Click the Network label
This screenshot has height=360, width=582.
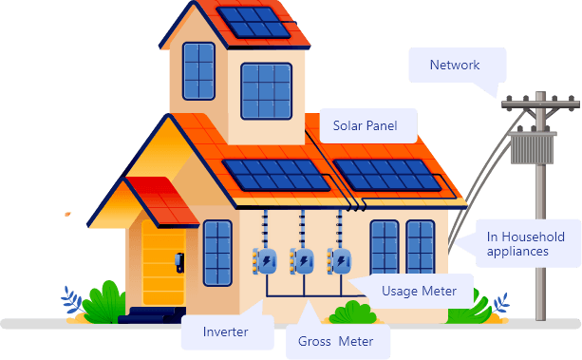455,66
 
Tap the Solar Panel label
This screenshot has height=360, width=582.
365,124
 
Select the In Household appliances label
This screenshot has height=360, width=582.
525,244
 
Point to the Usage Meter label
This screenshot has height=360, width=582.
418,291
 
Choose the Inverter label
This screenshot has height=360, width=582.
225,332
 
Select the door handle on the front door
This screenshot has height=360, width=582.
177,262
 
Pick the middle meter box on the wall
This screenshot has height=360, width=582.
302,261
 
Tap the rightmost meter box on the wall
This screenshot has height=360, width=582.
339,261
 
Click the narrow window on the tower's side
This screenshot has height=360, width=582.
198,71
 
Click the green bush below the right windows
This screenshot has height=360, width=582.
352,313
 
